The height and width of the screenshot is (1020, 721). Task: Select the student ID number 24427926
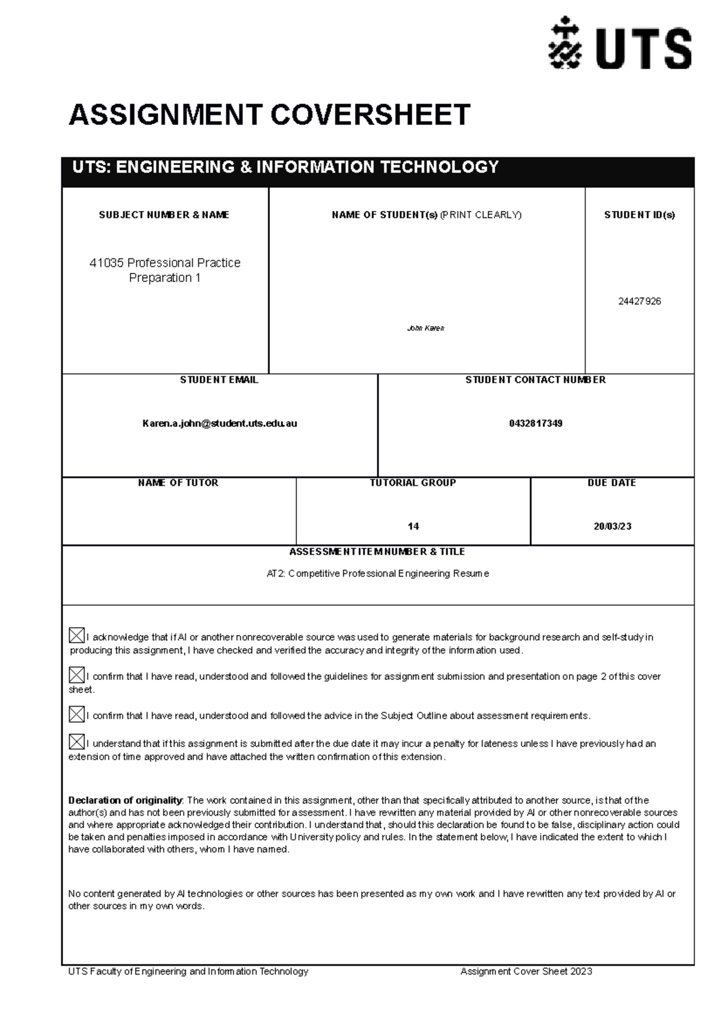tap(639, 301)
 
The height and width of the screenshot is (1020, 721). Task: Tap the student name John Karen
tap(425, 329)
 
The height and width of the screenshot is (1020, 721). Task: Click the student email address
tap(219, 423)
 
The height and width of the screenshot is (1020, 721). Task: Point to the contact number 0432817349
tap(535, 423)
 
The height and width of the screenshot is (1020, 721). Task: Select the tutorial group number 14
tap(413, 526)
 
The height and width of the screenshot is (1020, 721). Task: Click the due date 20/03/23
tap(612, 526)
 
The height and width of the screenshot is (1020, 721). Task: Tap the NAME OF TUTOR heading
tap(178, 483)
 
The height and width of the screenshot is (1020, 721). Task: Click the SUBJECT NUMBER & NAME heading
tap(164, 215)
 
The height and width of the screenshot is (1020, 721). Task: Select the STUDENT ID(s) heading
tap(639, 215)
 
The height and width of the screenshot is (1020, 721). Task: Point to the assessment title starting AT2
tap(377, 574)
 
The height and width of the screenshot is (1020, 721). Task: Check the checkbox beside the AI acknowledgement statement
tap(76, 636)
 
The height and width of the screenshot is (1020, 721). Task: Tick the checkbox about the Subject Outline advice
tap(76, 714)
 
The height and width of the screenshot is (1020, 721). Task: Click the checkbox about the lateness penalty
tap(76, 742)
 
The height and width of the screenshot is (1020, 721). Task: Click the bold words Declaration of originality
tap(125, 800)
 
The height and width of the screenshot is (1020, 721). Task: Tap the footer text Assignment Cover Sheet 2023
tap(526, 971)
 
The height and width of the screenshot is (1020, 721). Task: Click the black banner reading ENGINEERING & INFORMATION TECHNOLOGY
tap(377, 168)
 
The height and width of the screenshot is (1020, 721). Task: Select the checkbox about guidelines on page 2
tap(76, 675)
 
